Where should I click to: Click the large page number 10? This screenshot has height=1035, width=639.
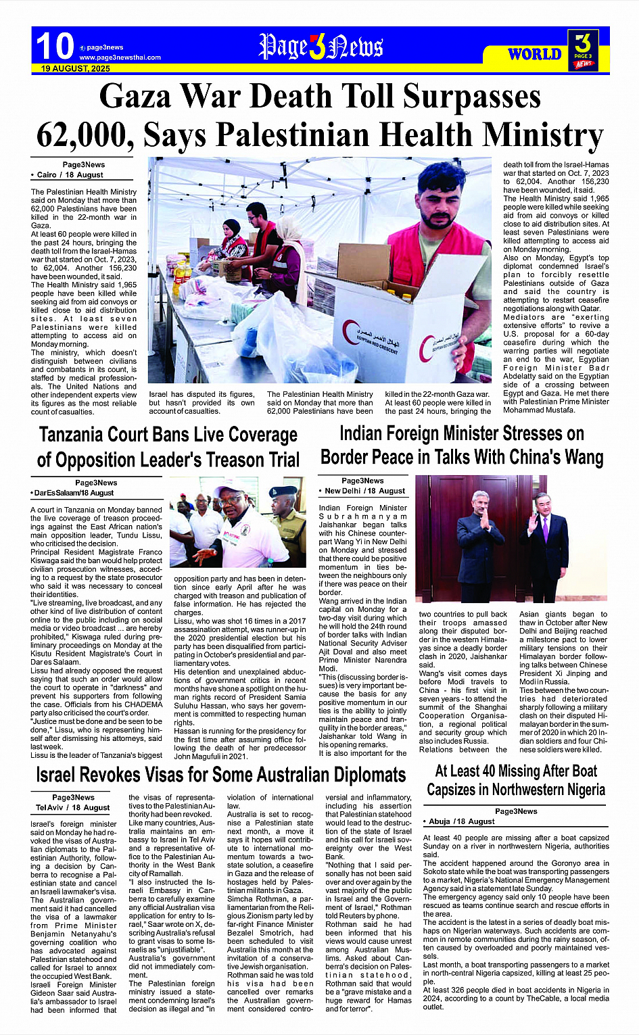pos(55,47)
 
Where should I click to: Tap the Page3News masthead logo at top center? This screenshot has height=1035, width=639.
pos(321,47)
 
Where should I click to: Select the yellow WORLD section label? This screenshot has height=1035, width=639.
pos(534,55)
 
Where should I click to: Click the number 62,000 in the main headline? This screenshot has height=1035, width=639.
pos(82,135)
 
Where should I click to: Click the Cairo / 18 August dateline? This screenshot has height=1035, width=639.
pos(68,174)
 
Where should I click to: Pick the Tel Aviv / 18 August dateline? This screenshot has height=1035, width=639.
pos(73,807)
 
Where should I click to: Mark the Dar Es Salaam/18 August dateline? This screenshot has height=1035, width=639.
pos(73,493)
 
